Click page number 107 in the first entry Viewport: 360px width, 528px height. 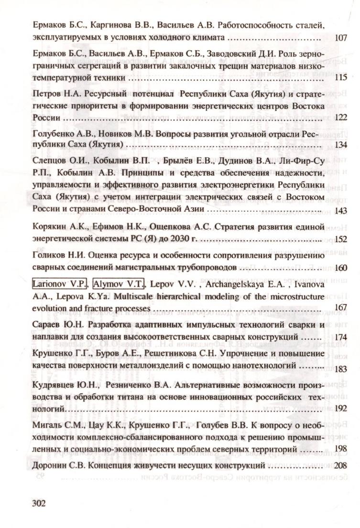click(x=341, y=38)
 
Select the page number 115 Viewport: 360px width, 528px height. click(x=341, y=77)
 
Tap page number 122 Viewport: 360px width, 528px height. click(x=341, y=117)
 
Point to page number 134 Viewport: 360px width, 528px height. click(x=341, y=144)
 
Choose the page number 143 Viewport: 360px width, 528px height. click(x=341, y=210)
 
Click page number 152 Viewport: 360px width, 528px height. click(x=341, y=238)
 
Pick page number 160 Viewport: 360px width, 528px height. click(x=341, y=268)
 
